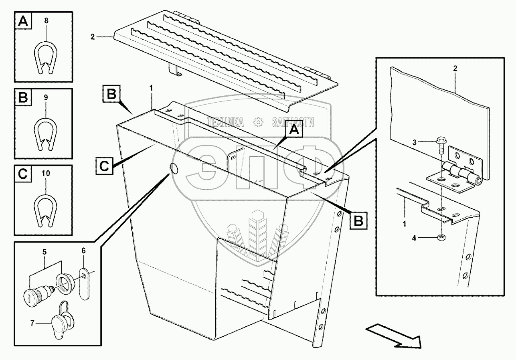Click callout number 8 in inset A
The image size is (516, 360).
click(46, 20)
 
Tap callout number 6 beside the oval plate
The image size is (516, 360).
click(83, 251)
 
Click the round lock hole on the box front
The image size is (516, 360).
click(174, 168)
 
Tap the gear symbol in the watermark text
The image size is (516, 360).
click(259, 122)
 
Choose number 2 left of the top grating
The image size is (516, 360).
click(93, 36)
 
